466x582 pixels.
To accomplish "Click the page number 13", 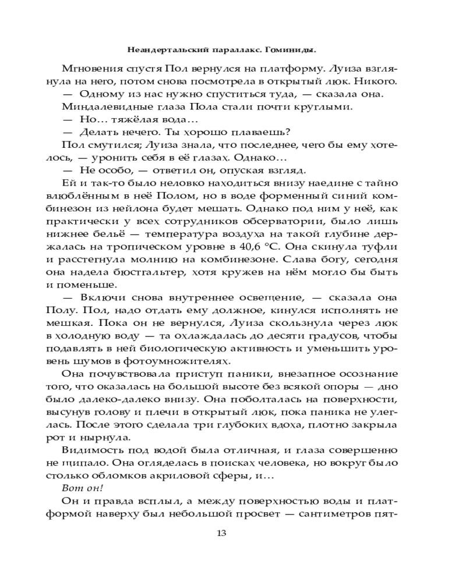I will pyautogui.click(x=221, y=534).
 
